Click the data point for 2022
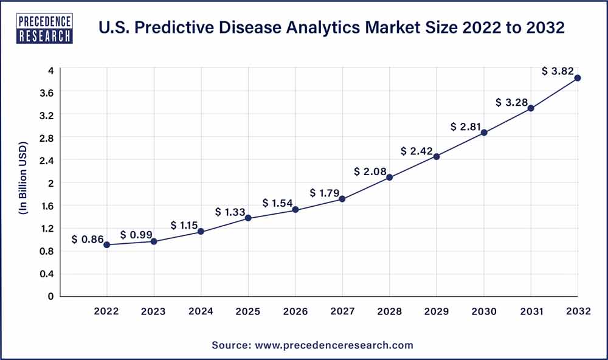(x=107, y=244)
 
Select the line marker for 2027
(x=342, y=199)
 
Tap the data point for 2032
(x=578, y=78)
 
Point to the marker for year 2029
(x=437, y=156)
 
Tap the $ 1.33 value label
(x=230, y=212)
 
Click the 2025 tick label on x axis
(x=248, y=311)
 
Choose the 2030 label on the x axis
(x=483, y=311)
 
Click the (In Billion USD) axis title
(x=22, y=182)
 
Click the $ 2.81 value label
(x=465, y=126)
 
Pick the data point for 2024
(x=201, y=232)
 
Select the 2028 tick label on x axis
(x=389, y=311)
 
